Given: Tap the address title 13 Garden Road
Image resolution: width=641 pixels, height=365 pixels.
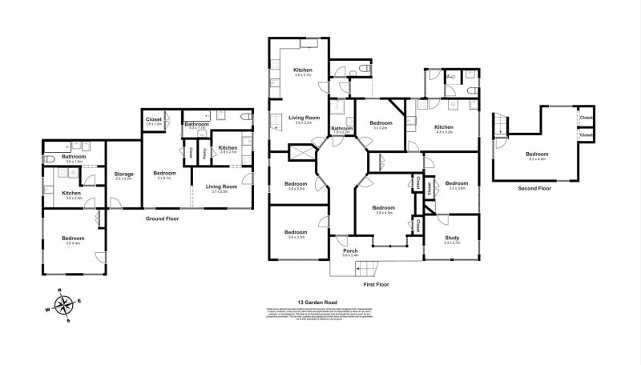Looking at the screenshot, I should (318, 302).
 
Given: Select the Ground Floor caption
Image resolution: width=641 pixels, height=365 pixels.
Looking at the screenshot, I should (162, 218).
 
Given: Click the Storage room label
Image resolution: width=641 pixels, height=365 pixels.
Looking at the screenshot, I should (123, 173).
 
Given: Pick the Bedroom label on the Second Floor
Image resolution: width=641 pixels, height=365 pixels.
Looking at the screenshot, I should (538, 154).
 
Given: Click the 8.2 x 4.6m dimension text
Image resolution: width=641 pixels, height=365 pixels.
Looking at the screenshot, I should (538, 159).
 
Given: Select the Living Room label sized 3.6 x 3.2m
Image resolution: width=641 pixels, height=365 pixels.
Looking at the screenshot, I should (303, 118).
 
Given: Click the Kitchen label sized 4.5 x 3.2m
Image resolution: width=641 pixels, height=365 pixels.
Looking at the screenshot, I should (444, 127).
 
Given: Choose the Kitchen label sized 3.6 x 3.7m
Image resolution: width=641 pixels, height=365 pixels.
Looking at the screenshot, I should (302, 70).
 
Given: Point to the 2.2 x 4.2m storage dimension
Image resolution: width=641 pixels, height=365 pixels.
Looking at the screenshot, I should (123, 178).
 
